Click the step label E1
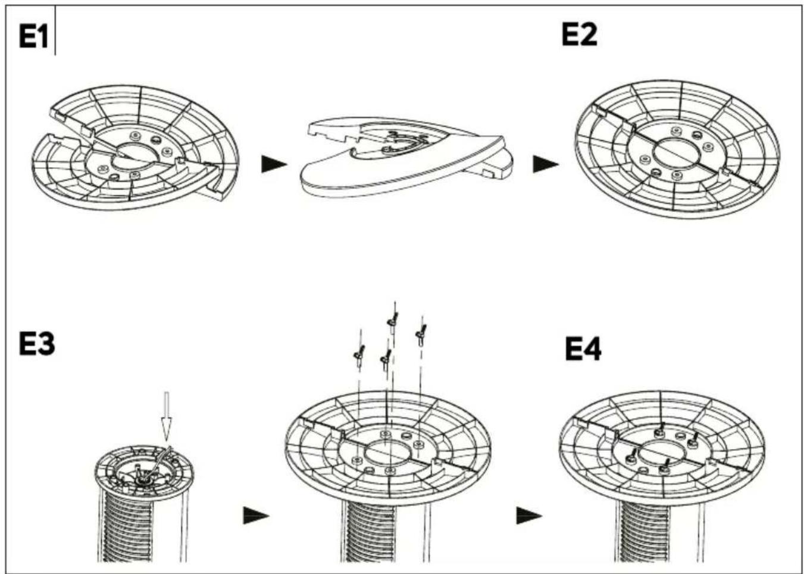click(x=33, y=37)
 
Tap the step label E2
click(x=579, y=34)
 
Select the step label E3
click(x=37, y=343)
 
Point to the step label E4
click(x=583, y=349)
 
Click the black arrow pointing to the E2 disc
click(x=546, y=164)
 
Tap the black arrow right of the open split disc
click(x=274, y=164)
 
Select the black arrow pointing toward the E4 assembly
click(x=529, y=516)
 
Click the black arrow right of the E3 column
click(x=256, y=516)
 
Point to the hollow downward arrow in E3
click(x=166, y=416)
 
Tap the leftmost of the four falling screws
click(x=359, y=355)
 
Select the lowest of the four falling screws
click(x=386, y=360)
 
